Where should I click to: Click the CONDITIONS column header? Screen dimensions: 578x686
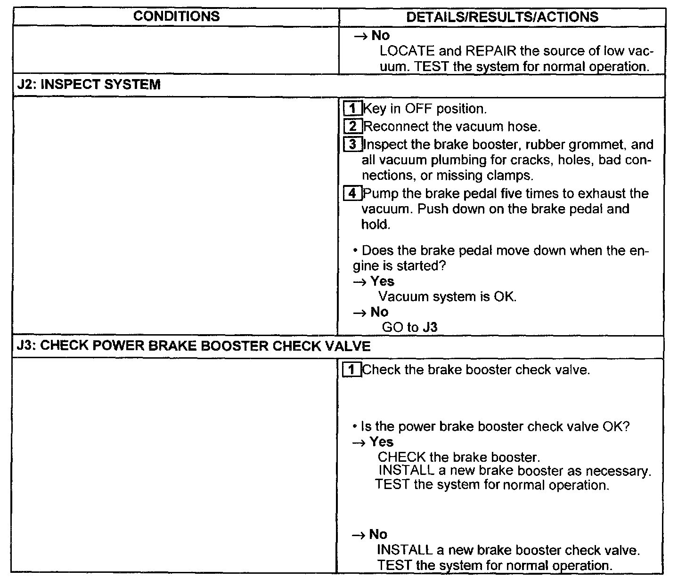tap(176, 16)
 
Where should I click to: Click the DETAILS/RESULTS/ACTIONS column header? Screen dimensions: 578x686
tap(502, 17)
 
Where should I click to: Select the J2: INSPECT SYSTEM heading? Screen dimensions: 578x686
tap(89, 85)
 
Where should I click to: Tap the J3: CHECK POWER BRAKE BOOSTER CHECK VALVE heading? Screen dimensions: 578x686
tap(194, 346)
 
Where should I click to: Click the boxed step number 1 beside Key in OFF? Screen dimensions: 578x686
tap(351, 109)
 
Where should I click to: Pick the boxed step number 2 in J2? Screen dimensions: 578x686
tap(353, 127)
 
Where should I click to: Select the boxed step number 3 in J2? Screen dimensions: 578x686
tap(352, 144)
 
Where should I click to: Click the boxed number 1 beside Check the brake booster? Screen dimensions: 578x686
tap(351, 370)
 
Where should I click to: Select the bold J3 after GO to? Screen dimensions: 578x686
tap(430, 328)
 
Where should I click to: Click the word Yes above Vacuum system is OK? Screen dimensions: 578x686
tap(382, 281)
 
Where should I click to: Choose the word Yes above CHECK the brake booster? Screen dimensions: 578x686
tap(381, 442)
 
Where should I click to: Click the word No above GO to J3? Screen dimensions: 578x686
tap(379, 312)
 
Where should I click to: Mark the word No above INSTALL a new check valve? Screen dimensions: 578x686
tap(378, 534)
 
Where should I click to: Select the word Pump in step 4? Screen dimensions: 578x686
tap(379, 193)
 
